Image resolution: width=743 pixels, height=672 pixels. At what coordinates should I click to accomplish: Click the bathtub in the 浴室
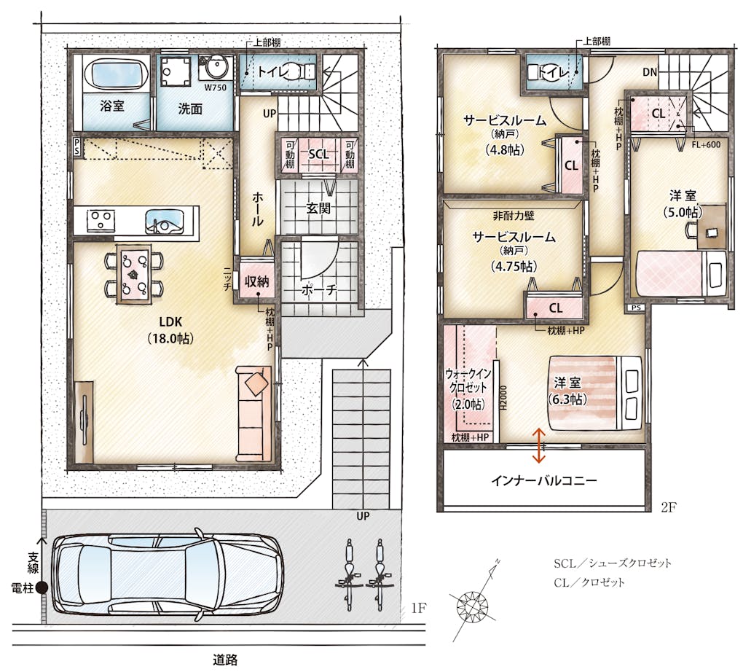pyautogui.click(x=117, y=74)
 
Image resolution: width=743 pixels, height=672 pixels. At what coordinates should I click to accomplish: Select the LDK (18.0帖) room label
pyautogui.click(x=170, y=330)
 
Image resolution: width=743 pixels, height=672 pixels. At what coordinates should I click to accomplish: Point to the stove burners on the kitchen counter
pyautogui.click(x=101, y=221)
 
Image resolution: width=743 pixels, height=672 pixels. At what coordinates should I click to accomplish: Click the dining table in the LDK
pyautogui.click(x=134, y=273)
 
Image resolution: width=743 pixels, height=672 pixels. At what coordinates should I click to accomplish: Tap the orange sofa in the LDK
pyautogui.click(x=254, y=413)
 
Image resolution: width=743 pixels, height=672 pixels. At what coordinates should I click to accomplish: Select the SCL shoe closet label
pyautogui.click(x=318, y=154)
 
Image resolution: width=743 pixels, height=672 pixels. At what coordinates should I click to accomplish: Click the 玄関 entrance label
pyautogui.click(x=318, y=208)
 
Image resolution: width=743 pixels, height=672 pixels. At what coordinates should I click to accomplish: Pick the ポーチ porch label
pyautogui.click(x=319, y=290)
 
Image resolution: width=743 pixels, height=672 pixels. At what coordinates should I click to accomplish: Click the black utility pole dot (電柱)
pyautogui.click(x=42, y=588)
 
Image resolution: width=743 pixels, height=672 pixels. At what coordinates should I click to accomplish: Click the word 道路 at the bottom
pyautogui.click(x=225, y=660)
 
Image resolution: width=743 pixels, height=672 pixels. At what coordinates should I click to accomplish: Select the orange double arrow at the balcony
pyautogui.click(x=538, y=445)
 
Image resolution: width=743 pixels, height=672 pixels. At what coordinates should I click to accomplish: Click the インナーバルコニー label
pyautogui.click(x=544, y=481)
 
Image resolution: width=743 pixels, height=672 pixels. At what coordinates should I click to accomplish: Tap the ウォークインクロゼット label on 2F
pyautogui.click(x=468, y=388)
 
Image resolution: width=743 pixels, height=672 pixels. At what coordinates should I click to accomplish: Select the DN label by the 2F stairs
pyautogui.click(x=650, y=72)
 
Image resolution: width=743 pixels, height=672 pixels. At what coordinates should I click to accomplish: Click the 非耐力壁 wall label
pyautogui.click(x=514, y=216)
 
